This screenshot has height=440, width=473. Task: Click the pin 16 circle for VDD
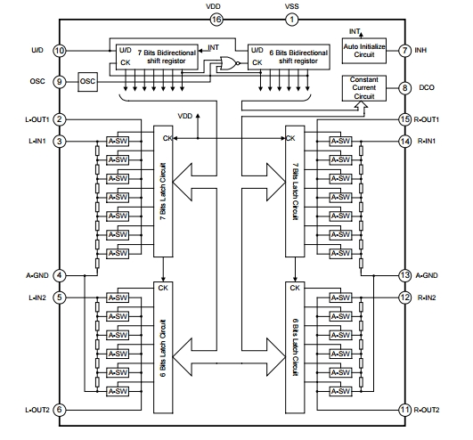tap(216, 19)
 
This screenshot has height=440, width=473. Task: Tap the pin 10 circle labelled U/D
tap(60, 50)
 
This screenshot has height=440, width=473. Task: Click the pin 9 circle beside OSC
tap(60, 83)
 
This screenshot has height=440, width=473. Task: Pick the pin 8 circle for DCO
tap(404, 87)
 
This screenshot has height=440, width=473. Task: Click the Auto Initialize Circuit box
tap(364, 50)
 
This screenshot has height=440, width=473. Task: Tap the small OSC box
tap(88, 83)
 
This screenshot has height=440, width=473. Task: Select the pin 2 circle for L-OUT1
tap(60, 119)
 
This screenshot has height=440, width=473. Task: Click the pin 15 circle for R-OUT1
tap(404, 119)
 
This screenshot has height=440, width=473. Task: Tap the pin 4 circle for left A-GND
tap(60, 275)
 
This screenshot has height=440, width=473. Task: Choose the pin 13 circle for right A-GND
tap(404, 275)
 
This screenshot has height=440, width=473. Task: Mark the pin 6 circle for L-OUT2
tap(60, 409)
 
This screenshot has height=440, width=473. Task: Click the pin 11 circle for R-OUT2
tap(404, 409)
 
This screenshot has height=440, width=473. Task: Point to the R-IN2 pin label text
tap(430, 297)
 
